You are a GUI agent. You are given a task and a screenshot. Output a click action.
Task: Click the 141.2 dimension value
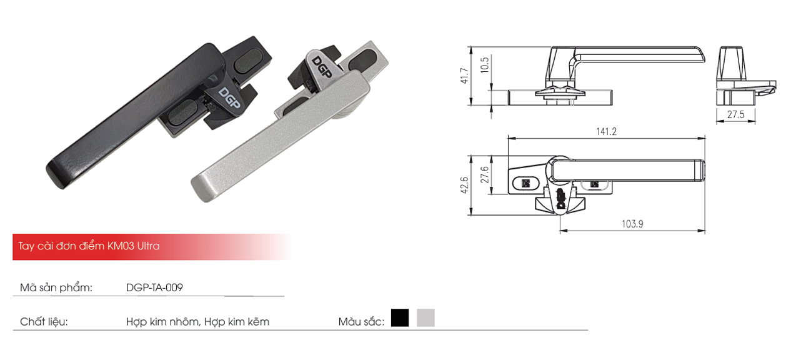pos(606,131)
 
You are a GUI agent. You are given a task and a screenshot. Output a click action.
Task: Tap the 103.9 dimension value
pos(632,223)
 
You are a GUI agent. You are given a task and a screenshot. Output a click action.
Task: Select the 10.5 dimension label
pos(485,65)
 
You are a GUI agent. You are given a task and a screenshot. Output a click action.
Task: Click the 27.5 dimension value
pos(735,115)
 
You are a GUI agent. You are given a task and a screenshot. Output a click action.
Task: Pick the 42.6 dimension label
pos(463,185)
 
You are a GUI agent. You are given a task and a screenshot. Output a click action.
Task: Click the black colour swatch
pos(399,318)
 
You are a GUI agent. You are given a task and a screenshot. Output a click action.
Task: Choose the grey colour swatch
pos(425,318)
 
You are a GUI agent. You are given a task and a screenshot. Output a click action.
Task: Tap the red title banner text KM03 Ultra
pos(133,246)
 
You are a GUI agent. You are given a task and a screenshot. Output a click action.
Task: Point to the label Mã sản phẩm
pos(56,288)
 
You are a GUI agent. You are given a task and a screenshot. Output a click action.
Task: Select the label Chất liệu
pos(44,322)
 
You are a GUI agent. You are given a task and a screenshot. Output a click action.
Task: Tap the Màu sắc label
pos(361,322)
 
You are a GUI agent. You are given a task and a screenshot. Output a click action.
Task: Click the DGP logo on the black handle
pos(229,99)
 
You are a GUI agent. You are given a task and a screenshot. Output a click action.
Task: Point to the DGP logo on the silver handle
pos(322,67)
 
